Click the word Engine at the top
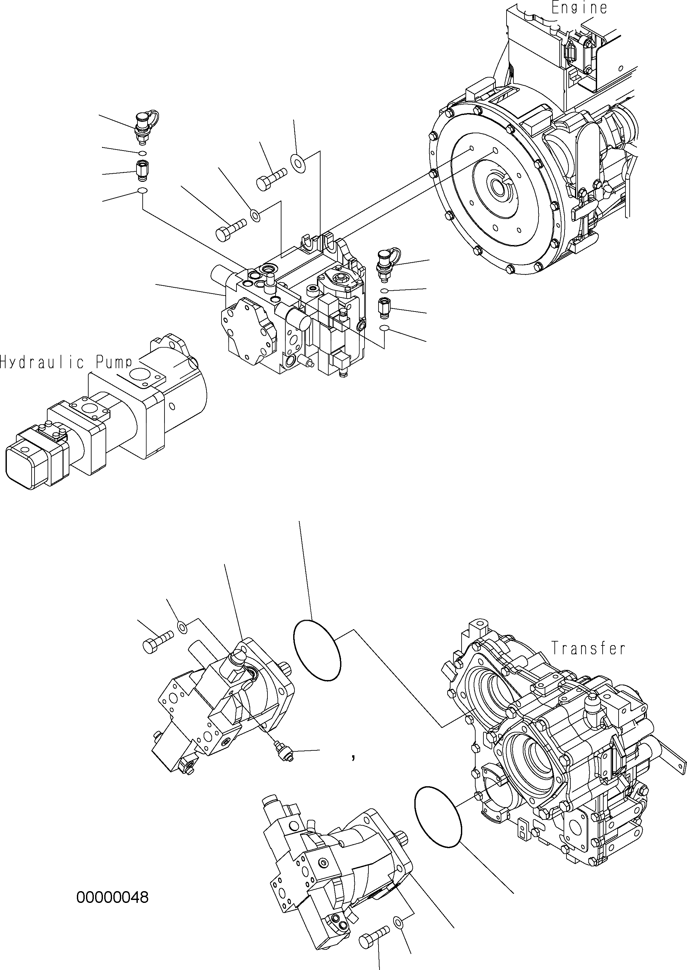(579, 7)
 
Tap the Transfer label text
(588, 648)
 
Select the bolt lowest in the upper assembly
(231, 228)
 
